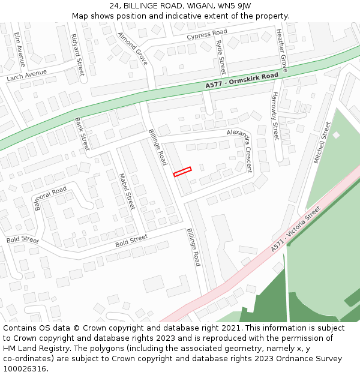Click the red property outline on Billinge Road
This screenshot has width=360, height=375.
182,172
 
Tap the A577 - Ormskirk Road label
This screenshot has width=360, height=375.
242,81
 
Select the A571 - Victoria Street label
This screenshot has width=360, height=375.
296,230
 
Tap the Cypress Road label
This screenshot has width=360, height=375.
206,34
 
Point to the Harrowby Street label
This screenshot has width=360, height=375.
275,116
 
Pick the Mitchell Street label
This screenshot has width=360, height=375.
322,142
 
